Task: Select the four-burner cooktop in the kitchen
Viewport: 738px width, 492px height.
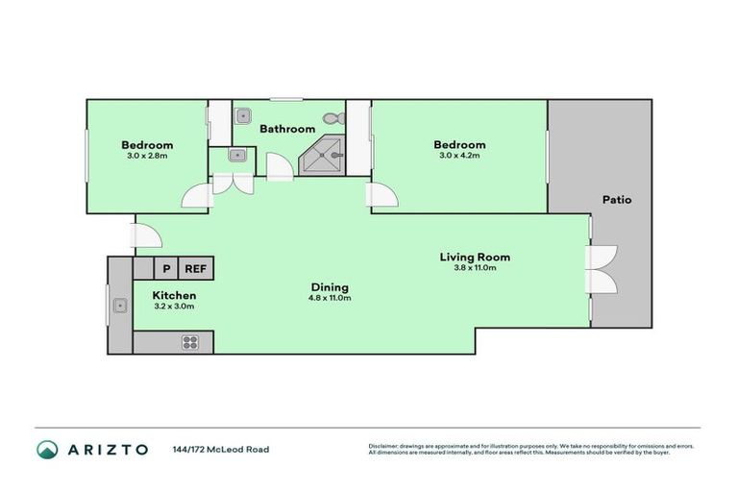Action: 190,341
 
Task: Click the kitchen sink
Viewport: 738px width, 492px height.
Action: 120,307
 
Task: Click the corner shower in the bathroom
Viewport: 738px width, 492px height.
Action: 324,155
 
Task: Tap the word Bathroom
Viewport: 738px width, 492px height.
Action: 287,129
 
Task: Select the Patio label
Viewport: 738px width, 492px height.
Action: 617,200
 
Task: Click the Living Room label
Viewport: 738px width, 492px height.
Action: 475,257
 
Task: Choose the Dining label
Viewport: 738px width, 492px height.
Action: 329,287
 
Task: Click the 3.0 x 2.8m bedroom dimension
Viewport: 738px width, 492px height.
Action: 147,155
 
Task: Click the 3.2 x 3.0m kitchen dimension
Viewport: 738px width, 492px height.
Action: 174,307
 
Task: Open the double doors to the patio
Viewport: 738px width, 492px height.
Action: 602,270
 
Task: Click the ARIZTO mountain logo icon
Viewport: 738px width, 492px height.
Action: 47,450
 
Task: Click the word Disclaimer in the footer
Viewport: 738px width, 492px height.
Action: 384,446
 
